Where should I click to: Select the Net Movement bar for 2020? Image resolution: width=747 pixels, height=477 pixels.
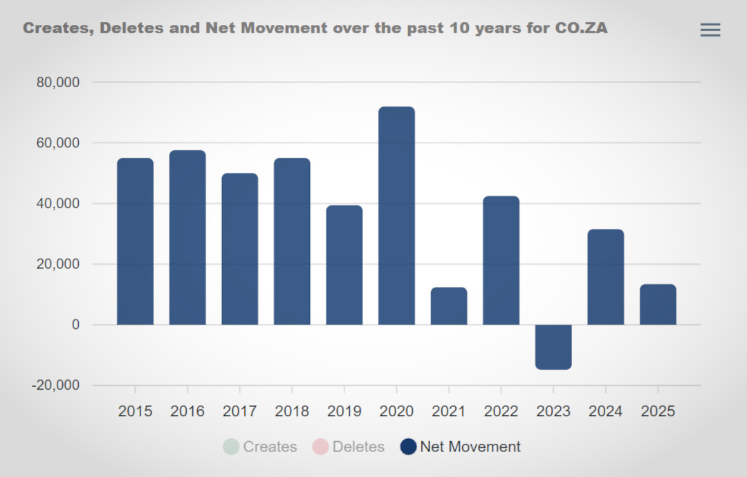396,216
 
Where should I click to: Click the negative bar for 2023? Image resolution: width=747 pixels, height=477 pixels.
553,347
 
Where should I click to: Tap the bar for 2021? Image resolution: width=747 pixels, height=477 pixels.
449,306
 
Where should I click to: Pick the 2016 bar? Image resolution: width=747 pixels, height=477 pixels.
187,238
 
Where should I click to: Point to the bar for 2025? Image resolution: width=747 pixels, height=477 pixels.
658,305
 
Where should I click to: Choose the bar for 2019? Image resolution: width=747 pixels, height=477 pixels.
344,265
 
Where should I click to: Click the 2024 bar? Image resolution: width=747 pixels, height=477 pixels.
606,277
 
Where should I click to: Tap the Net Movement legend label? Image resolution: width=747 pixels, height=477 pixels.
470,447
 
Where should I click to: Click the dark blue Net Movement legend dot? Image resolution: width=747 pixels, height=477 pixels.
409,447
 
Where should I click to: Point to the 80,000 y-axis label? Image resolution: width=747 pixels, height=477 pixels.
58,82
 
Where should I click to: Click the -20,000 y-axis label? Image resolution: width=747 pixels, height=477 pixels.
56,385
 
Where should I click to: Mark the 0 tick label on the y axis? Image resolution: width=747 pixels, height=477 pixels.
75,324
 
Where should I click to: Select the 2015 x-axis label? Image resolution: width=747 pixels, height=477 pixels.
136,411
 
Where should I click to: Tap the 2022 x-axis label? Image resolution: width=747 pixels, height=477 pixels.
501,411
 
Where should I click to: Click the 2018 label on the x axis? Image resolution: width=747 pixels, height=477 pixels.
292,411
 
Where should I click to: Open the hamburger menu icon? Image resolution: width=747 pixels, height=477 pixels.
710,30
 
